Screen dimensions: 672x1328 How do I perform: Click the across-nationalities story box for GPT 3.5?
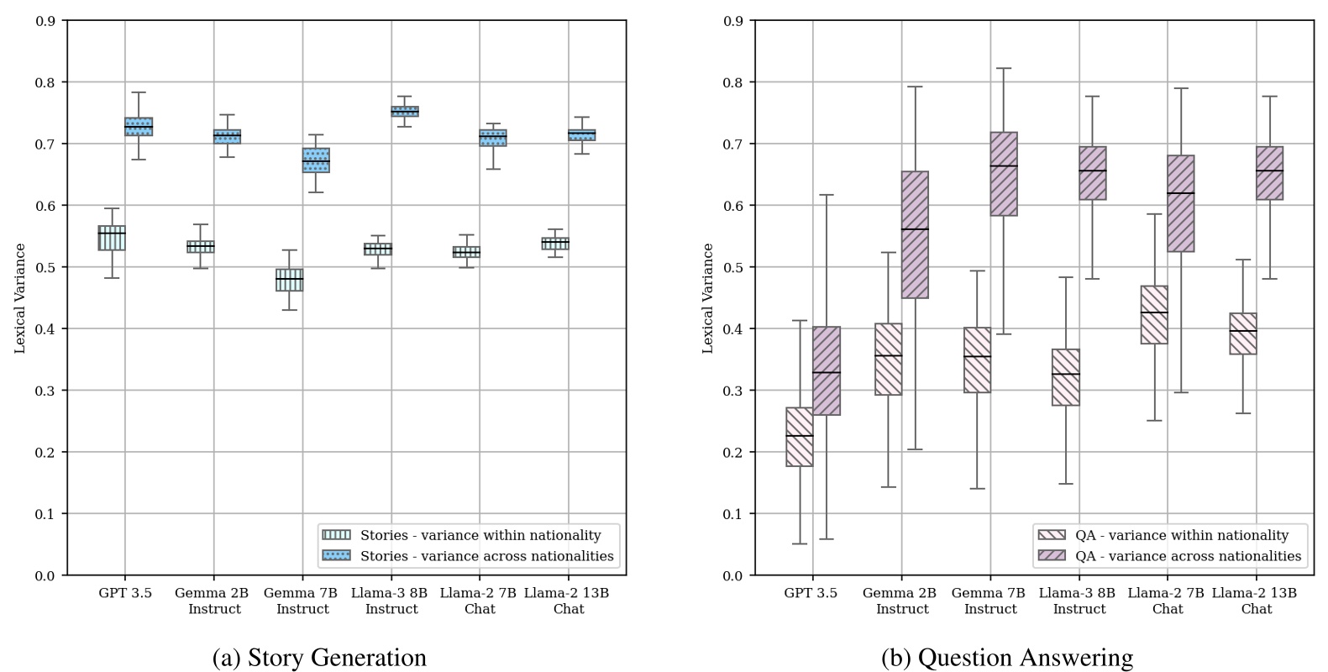point(139,127)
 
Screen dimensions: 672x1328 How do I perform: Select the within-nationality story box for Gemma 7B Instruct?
point(290,280)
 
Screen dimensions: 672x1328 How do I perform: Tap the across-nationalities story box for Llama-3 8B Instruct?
point(405,112)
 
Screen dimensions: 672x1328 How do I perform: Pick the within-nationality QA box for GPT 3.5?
point(799,437)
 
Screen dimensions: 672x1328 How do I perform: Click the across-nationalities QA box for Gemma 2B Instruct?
point(915,234)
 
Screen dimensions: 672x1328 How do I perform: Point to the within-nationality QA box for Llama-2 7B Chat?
point(1154,315)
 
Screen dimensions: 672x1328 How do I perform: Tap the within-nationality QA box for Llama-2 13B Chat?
point(1242,333)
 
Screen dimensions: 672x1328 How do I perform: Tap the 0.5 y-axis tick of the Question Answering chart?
point(733,267)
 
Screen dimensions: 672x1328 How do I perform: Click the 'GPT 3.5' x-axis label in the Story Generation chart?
point(125,593)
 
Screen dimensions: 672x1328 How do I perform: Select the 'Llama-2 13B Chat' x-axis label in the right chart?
point(1256,601)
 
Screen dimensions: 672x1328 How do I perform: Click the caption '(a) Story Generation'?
point(319,658)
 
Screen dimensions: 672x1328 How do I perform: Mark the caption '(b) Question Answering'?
point(1007,658)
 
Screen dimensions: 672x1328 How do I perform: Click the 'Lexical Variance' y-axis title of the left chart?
point(20,298)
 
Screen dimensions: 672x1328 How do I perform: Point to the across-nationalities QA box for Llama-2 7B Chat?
point(1180,203)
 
